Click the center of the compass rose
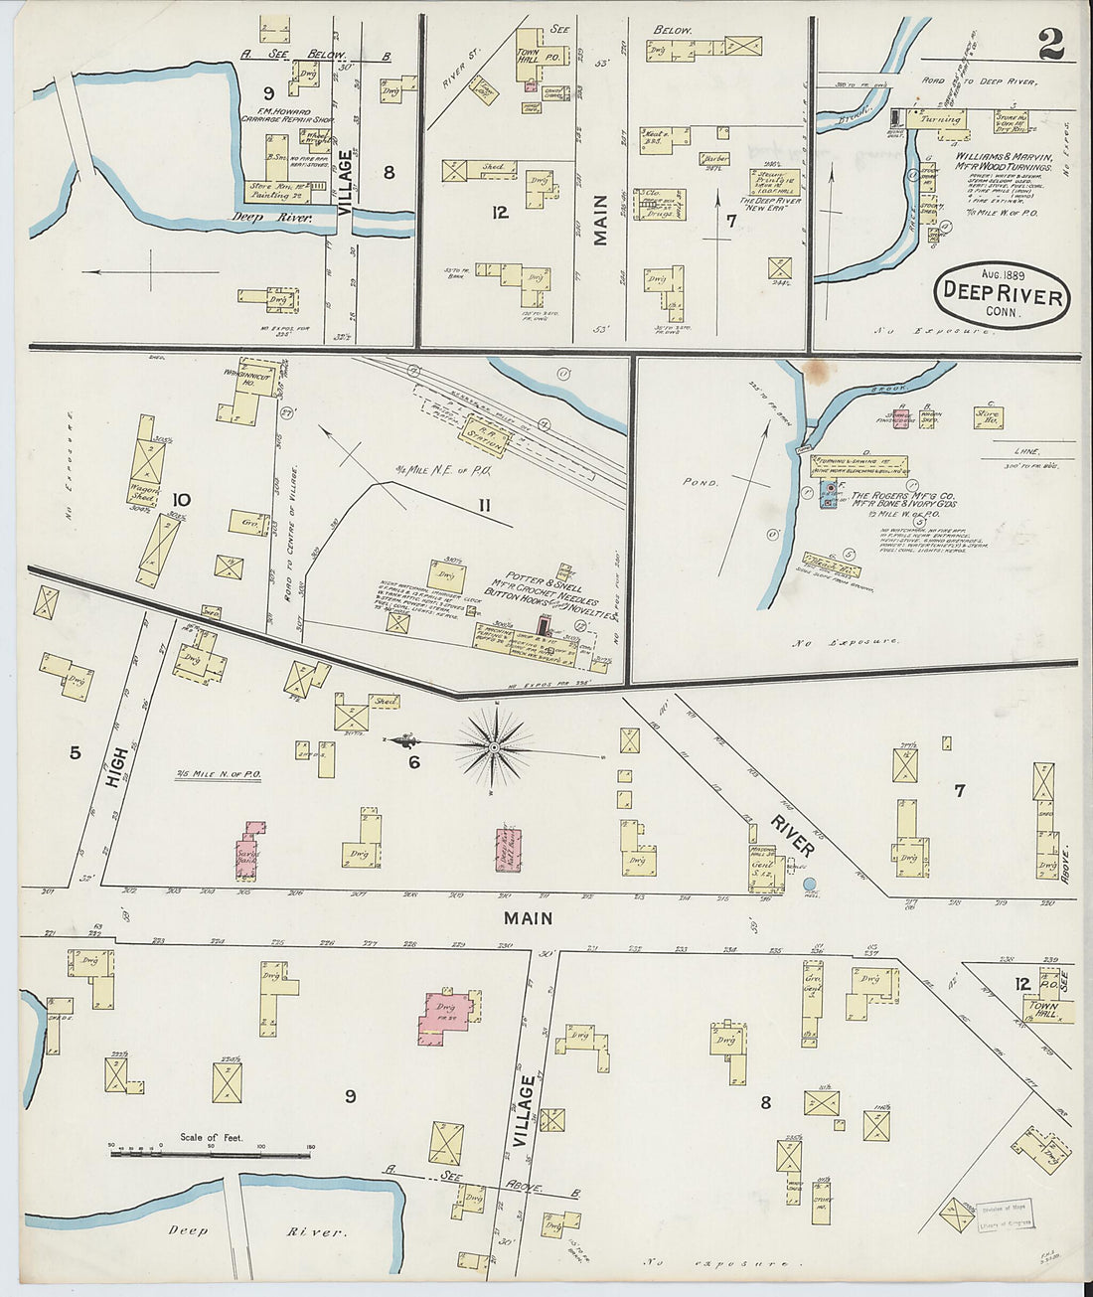[x=493, y=745]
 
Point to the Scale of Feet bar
[x=210, y=1155]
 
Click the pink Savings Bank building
[x=249, y=853]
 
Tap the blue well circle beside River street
[x=809, y=884]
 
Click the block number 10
[x=181, y=499]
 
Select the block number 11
[x=483, y=506]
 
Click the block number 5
[x=75, y=752]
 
